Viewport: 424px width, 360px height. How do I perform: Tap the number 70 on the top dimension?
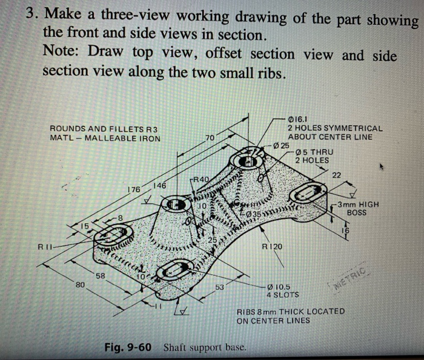[x=210, y=139]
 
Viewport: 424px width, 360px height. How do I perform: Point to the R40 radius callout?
[x=200, y=179]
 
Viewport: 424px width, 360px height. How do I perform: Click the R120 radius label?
[x=271, y=247]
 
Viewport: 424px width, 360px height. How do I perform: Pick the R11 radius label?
[x=46, y=247]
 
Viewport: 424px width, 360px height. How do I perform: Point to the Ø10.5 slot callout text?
[x=279, y=286]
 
